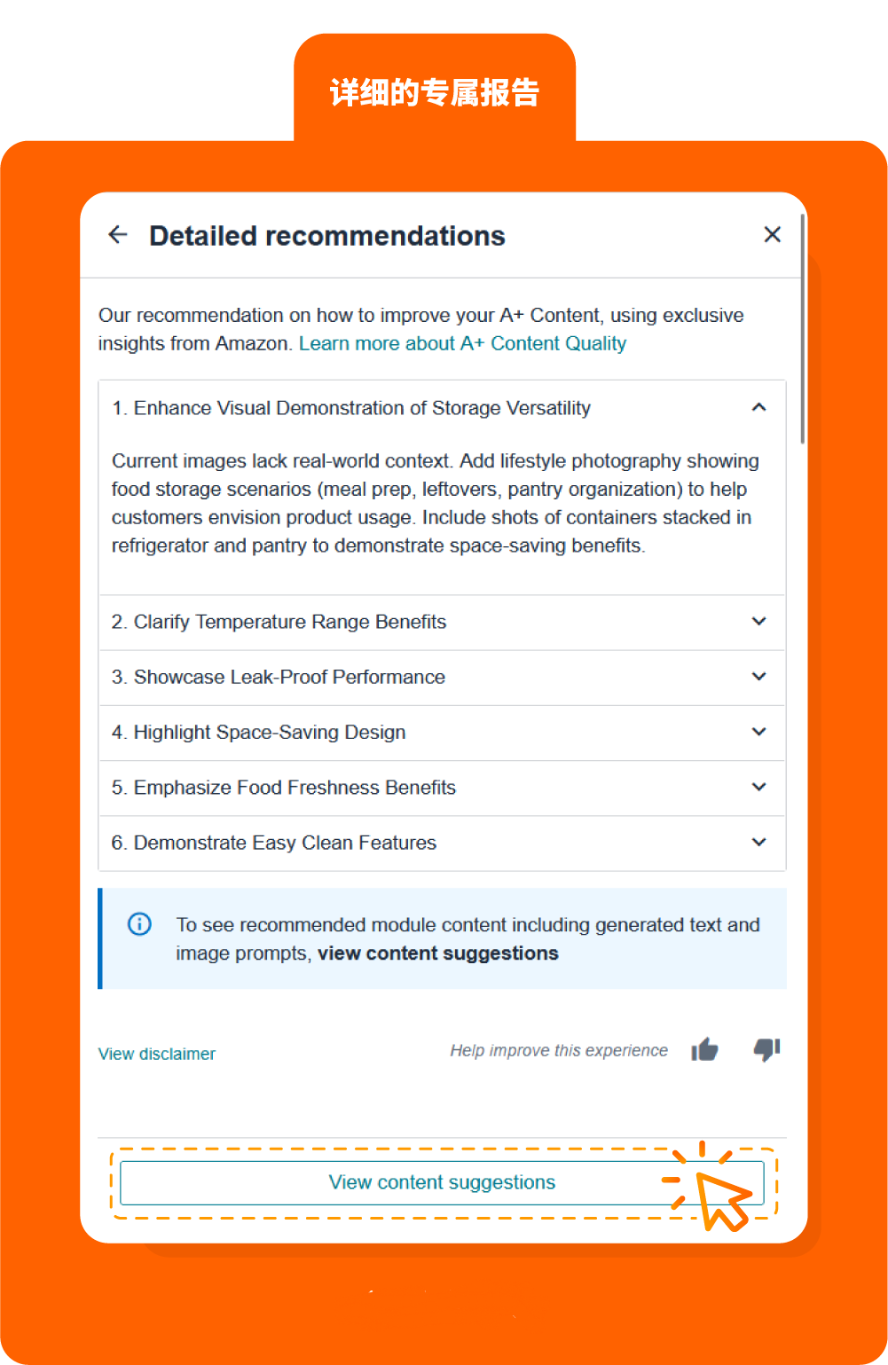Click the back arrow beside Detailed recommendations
(118, 235)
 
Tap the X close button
(772, 234)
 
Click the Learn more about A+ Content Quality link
(462, 344)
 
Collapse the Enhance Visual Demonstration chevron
(758, 407)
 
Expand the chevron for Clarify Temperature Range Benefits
(758, 622)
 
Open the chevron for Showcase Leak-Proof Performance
(758, 677)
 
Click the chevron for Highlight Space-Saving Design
(758, 732)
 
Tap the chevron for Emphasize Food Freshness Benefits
(758, 787)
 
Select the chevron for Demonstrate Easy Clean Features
(758, 842)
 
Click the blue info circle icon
(140, 924)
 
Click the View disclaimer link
(157, 1054)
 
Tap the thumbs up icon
(705, 1050)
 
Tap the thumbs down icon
(766, 1049)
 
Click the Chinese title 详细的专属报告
(435, 92)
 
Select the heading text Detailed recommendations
(327, 236)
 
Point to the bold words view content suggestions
(438, 953)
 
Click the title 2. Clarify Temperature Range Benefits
(279, 622)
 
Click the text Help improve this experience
(559, 1051)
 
